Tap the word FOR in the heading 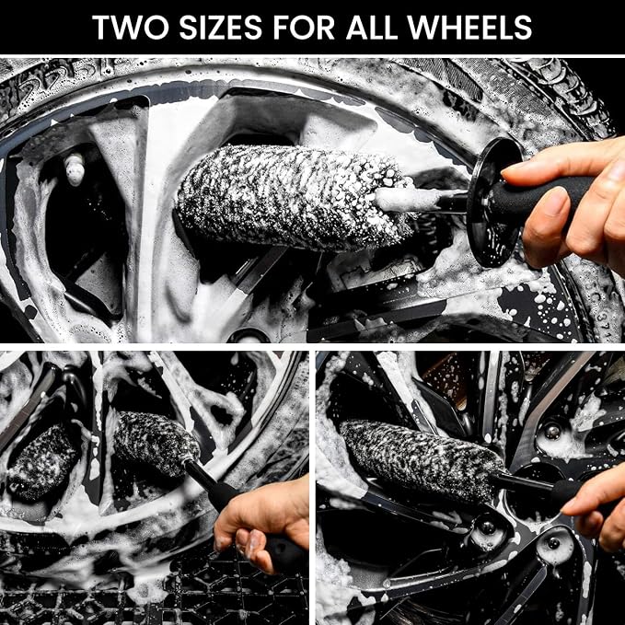[x=304, y=28]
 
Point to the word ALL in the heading [x=372, y=28]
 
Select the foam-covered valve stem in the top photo [x=75, y=168]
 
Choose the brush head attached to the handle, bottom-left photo [x=156, y=444]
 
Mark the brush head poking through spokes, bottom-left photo [x=42, y=462]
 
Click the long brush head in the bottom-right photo [x=422, y=460]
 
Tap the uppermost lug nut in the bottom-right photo [x=551, y=432]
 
